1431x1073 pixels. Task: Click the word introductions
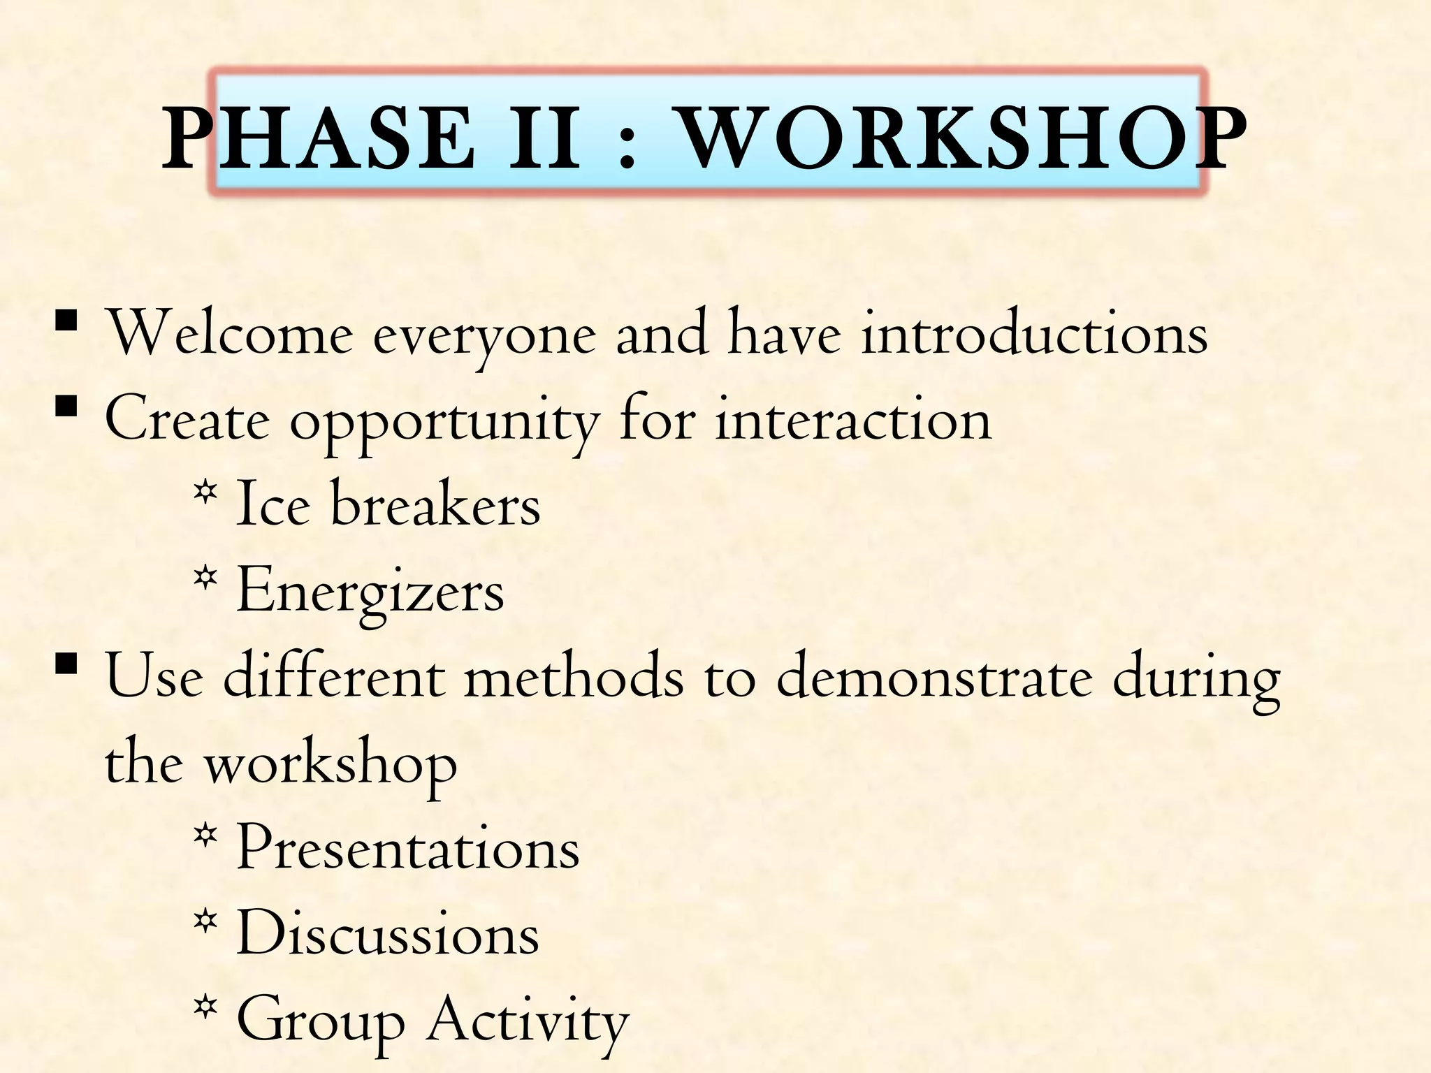(1034, 334)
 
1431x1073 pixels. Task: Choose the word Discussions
(388, 934)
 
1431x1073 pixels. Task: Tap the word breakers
(435, 505)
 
